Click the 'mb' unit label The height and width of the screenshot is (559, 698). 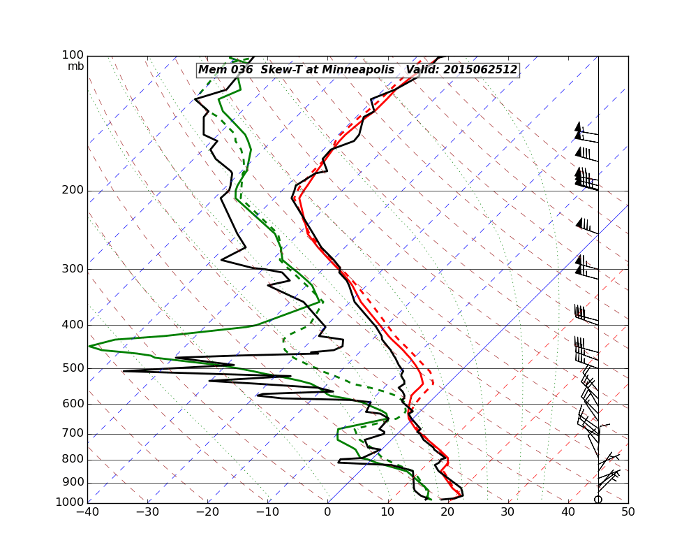click(x=75, y=66)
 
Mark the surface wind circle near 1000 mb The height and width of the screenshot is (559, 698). click(x=598, y=499)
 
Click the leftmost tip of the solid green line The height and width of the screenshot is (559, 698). click(x=89, y=346)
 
